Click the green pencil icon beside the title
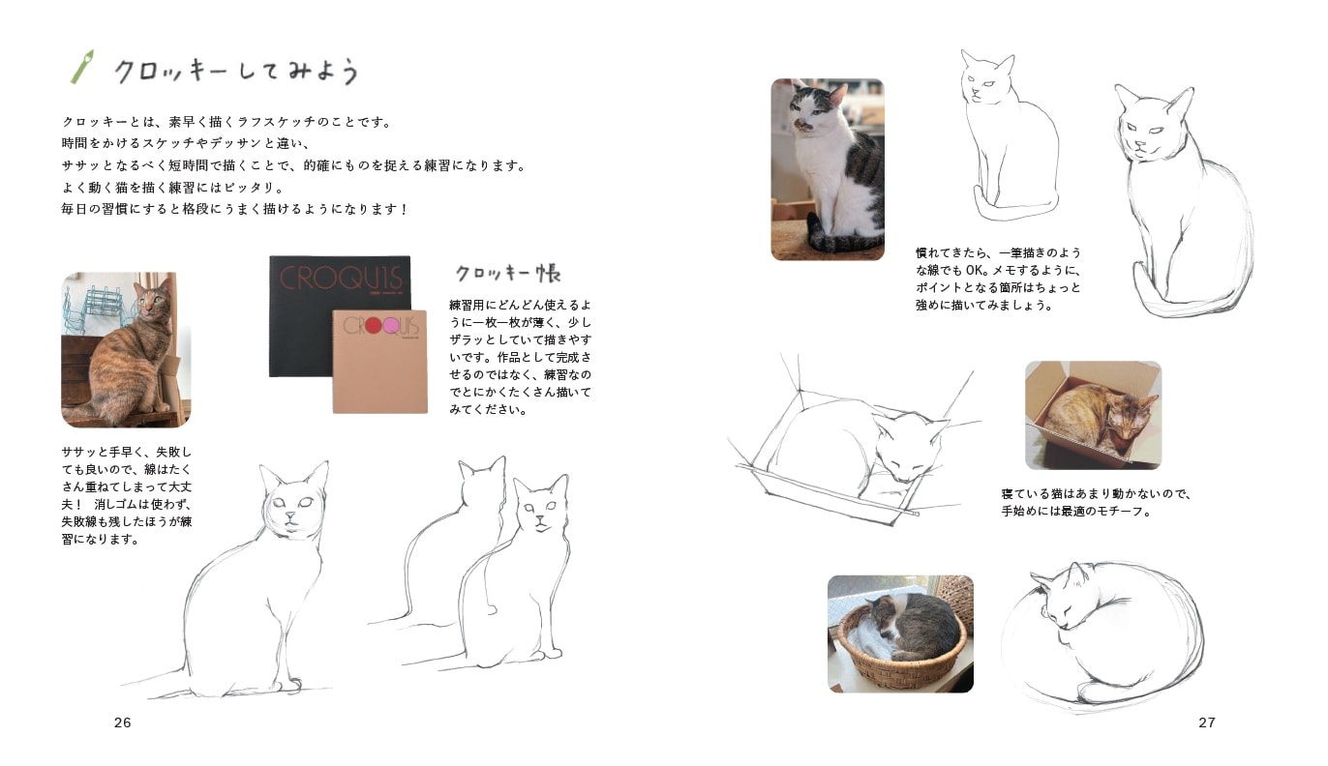[81, 67]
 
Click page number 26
[122, 722]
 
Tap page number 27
[1206, 722]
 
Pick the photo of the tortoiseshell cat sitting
[126, 349]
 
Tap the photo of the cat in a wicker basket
[900, 633]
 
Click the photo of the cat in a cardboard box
[1093, 415]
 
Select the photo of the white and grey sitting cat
[828, 169]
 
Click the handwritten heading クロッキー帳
[508, 273]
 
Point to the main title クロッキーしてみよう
[237, 72]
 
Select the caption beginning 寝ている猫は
[1096, 502]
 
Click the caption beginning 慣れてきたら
[997, 279]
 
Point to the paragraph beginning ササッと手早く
[126, 495]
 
